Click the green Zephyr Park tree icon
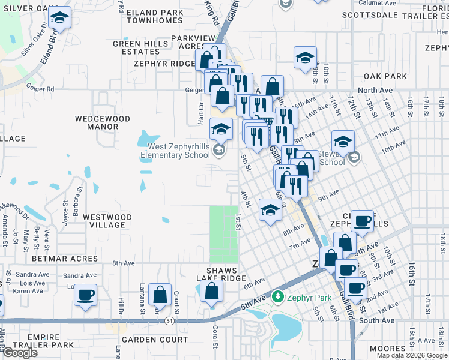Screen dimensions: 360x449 click(277, 296)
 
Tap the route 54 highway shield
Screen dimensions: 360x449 click(170, 322)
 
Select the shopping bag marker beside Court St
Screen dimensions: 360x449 click(160, 295)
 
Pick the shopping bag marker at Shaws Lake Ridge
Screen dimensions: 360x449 click(211, 291)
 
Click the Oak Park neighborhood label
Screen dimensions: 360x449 click(385, 76)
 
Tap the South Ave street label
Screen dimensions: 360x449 click(376, 320)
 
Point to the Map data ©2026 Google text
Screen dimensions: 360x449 click(412, 355)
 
